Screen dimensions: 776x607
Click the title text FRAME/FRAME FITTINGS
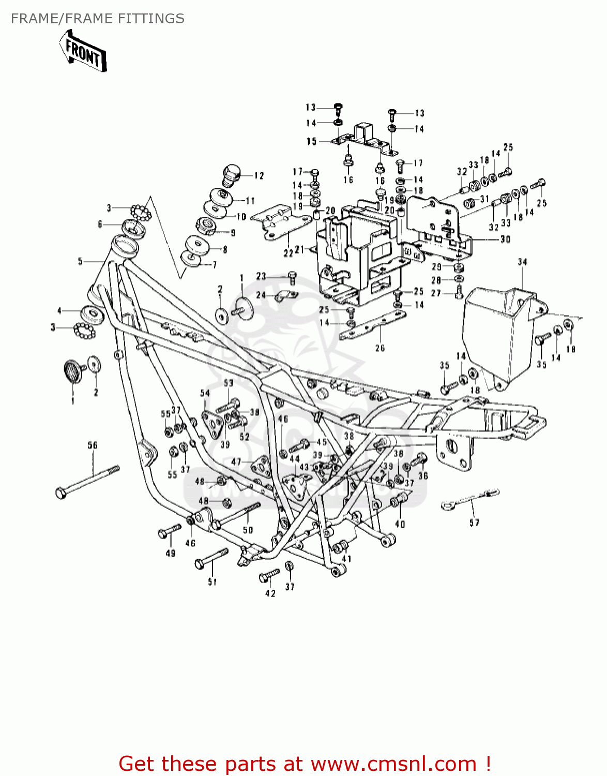[97, 19]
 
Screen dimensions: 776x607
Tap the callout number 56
[92, 445]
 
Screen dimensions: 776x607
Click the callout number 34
[522, 262]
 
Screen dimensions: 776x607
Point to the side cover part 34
[496, 336]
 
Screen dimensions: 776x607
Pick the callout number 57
[474, 523]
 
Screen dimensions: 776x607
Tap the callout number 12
[259, 176]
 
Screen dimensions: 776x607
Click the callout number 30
[505, 239]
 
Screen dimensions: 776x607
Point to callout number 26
[380, 348]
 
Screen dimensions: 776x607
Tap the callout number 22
[288, 252]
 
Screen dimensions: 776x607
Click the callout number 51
[212, 582]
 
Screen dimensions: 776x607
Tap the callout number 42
[270, 593]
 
